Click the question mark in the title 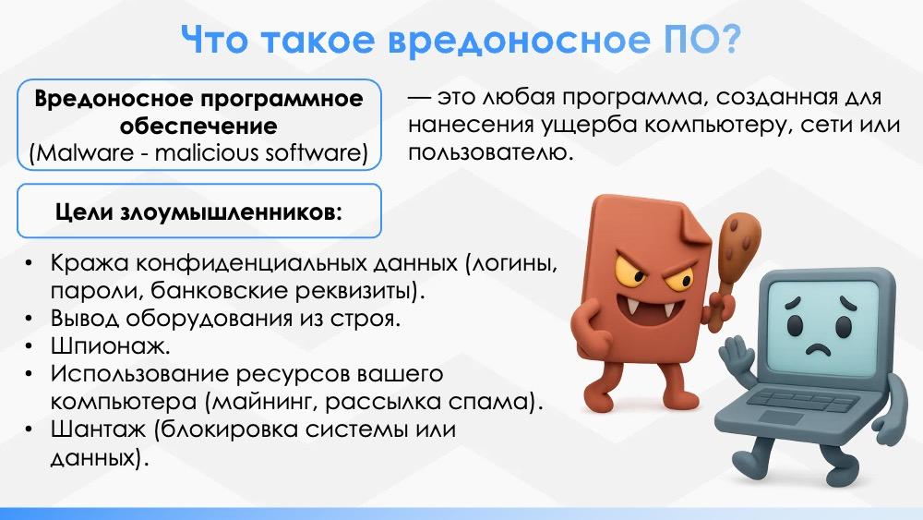728,40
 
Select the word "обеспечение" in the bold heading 198,126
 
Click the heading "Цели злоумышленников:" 199,212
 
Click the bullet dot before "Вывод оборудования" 29,318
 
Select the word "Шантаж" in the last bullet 98,429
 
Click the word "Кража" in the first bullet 90,262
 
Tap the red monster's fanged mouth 648,310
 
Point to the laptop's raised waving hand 737,357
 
